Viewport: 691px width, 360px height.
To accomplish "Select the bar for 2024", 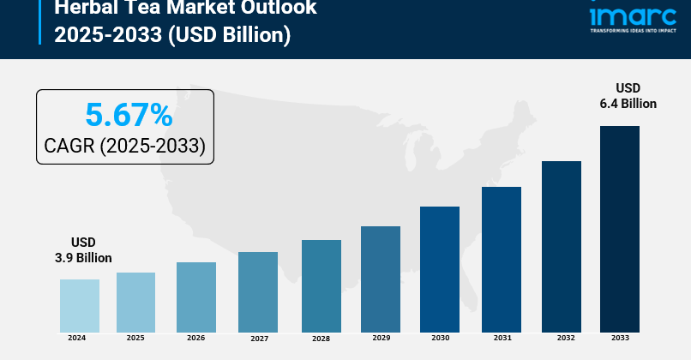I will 80,306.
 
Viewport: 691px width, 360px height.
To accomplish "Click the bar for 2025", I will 135,303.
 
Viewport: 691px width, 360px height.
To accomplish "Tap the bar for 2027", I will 258,292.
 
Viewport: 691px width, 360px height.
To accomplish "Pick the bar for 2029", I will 381,279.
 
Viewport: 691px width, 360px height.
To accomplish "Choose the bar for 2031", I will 502,260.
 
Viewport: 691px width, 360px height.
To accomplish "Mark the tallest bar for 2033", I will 620,229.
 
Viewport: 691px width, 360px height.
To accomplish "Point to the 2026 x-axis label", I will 196,339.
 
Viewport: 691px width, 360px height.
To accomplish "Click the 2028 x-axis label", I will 321,339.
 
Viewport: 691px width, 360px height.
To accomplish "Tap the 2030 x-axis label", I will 441,339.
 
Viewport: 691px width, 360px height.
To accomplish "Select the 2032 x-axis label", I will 562,339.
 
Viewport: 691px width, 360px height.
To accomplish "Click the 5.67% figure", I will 129,115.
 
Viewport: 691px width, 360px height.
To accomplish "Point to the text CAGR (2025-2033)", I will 125,146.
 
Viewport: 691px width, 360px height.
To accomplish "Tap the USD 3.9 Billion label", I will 79,250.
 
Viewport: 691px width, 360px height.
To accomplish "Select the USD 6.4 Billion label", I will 628,96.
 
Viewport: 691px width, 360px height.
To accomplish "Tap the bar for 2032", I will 562,247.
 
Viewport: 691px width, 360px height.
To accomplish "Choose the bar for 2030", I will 440,269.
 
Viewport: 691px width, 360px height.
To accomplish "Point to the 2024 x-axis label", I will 77,339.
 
